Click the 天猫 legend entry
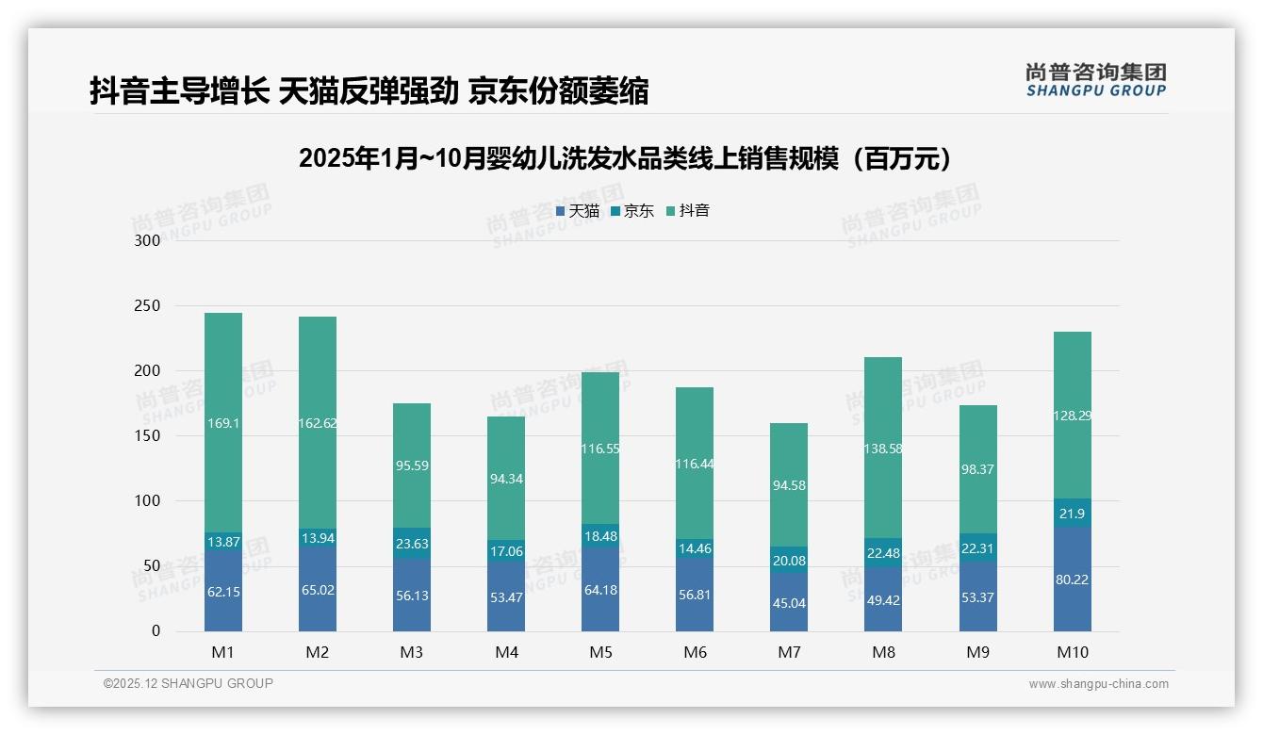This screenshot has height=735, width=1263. (x=578, y=211)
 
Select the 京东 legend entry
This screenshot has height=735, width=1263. (x=632, y=211)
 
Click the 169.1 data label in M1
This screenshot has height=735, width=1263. (x=223, y=424)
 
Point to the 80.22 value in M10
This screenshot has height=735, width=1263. (x=1072, y=580)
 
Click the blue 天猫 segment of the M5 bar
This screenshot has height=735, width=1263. (x=600, y=590)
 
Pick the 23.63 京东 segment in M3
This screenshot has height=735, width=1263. (x=412, y=543)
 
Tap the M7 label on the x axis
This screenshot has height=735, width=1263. (x=789, y=652)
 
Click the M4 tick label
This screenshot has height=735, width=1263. (x=506, y=652)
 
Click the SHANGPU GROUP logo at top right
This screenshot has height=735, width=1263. (x=1095, y=80)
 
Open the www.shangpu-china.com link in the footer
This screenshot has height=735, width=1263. (x=1098, y=684)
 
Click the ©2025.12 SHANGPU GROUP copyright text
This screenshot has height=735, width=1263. (x=189, y=684)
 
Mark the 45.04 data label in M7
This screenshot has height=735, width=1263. (x=789, y=603)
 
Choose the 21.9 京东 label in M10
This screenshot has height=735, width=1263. (x=1072, y=513)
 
